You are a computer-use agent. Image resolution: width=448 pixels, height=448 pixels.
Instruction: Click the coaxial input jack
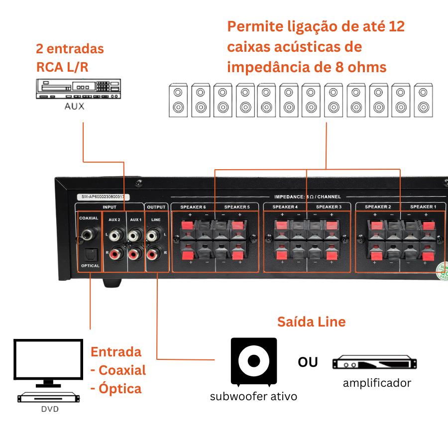(90, 233)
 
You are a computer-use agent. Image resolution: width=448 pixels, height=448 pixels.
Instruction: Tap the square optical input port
(90, 254)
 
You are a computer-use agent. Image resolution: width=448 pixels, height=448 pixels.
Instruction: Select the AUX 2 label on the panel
(114, 219)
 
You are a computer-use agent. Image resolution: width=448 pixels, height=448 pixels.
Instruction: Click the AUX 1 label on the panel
(136, 219)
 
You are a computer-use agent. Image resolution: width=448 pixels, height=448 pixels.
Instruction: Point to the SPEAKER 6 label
(193, 207)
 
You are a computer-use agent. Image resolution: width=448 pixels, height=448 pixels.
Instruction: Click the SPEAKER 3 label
(329, 207)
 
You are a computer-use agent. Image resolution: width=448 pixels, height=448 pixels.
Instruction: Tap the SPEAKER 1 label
(423, 207)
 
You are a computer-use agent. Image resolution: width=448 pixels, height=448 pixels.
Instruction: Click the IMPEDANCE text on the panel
(291, 197)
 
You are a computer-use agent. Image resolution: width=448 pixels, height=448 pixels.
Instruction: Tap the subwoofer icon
(253, 361)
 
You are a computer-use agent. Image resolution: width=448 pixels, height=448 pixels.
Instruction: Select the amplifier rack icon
(374, 363)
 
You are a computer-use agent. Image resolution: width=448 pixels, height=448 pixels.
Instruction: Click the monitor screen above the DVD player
(48, 360)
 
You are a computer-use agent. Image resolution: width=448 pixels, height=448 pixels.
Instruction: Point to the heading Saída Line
(311, 322)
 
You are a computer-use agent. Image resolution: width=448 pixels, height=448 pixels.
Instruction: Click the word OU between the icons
(308, 362)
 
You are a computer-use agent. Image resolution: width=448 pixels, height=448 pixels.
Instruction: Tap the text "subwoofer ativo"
(253, 396)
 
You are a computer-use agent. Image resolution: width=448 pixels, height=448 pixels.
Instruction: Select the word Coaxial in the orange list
(122, 370)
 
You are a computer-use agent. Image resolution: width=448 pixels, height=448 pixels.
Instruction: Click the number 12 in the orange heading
(397, 26)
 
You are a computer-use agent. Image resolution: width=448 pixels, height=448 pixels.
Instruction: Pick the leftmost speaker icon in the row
(178, 100)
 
